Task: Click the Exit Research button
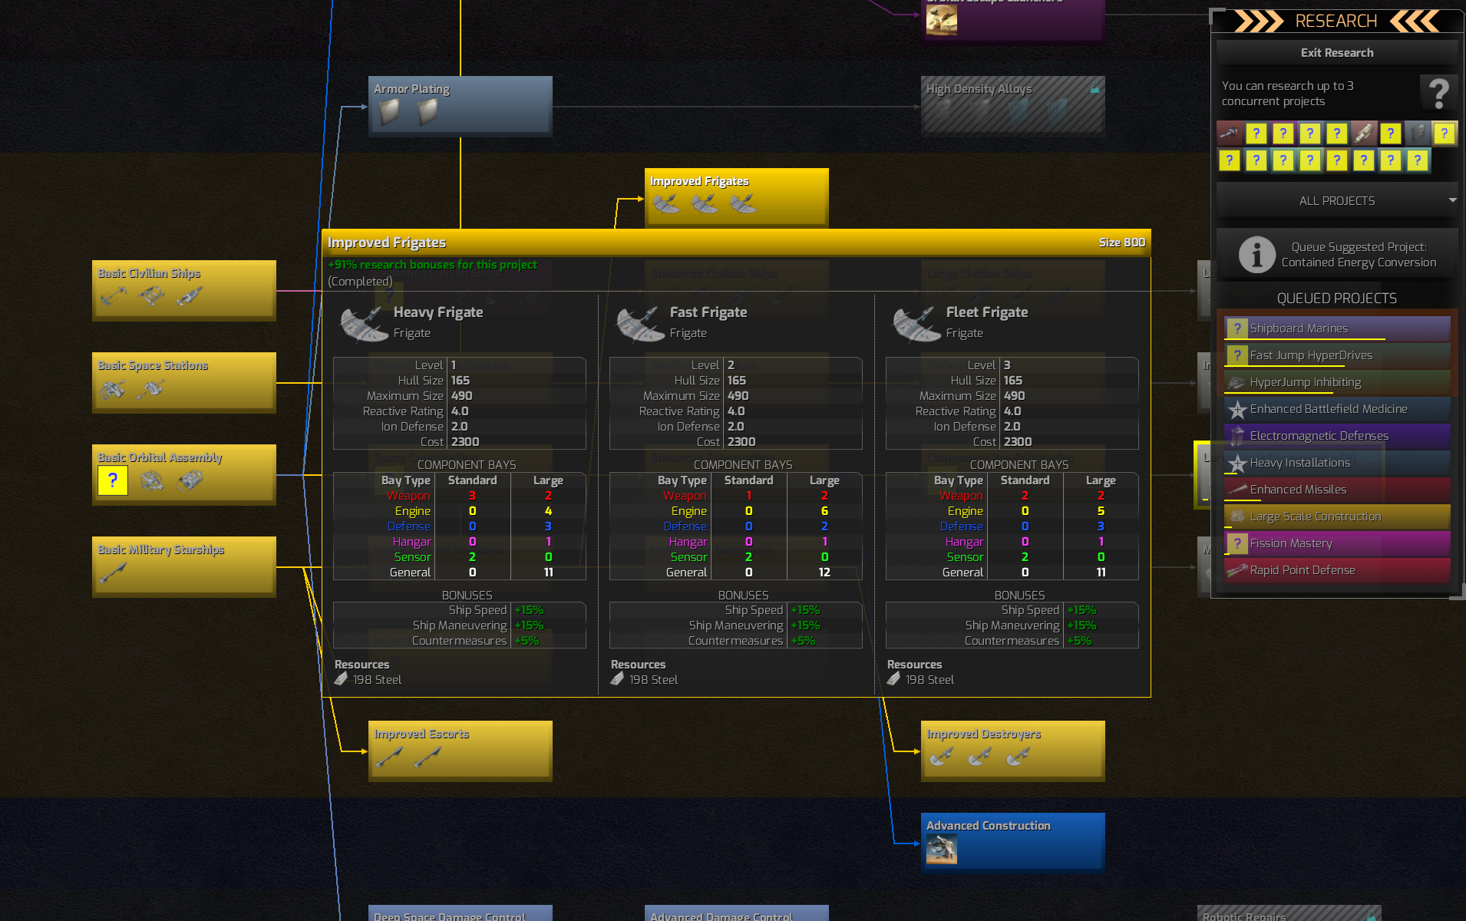click(x=1336, y=53)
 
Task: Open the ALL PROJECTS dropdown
click(x=1336, y=201)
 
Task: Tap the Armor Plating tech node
click(x=460, y=106)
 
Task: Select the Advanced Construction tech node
click(x=1012, y=843)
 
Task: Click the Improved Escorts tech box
click(x=460, y=751)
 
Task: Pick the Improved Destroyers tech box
click(x=1012, y=751)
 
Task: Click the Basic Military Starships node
click(x=183, y=566)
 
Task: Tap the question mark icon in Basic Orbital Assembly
click(x=113, y=481)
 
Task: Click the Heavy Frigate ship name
click(x=438, y=312)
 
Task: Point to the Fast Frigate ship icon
click(x=640, y=324)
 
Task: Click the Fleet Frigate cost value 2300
click(x=1018, y=442)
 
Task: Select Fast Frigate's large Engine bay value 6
click(x=824, y=511)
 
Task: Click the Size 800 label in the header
click(x=1121, y=243)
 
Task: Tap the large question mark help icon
click(x=1438, y=94)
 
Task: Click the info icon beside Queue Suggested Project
click(x=1256, y=255)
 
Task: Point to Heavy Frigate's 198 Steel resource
click(x=376, y=680)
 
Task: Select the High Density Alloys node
click(x=1012, y=106)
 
